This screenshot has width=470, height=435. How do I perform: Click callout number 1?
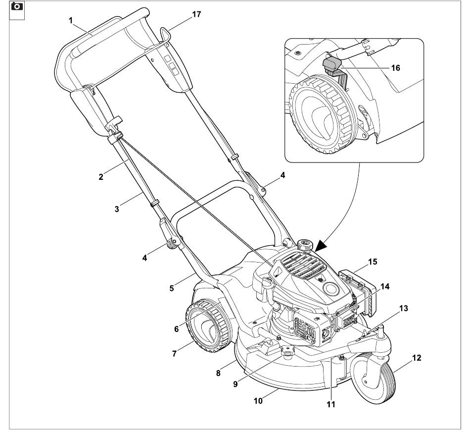[x=71, y=20]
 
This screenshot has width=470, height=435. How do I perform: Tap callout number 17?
[x=196, y=14]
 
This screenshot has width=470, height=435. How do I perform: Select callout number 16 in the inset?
[x=396, y=68]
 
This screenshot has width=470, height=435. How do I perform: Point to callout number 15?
[x=373, y=262]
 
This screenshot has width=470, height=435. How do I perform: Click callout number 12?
[x=417, y=358]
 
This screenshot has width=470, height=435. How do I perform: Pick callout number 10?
[x=258, y=401]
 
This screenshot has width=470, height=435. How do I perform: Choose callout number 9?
[x=235, y=384]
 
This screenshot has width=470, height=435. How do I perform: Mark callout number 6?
[x=176, y=329]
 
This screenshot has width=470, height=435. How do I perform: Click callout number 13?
[x=404, y=308]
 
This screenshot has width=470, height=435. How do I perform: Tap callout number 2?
[x=101, y=177]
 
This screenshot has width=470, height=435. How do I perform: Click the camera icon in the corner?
[x=17, y=6]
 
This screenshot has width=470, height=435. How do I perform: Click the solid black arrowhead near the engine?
[x=320, y=246]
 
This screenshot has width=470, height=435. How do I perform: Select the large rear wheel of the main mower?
[x=209, y=326]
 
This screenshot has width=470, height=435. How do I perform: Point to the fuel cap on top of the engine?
[x=305, y=245]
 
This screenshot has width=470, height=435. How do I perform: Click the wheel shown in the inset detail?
[x=324, y=115]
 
